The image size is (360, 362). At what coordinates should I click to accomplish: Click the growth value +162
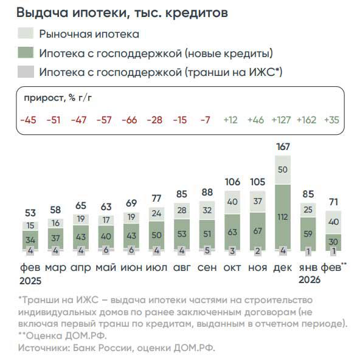307,120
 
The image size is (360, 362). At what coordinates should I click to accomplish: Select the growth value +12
230,120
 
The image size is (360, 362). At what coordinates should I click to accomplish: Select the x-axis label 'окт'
231,267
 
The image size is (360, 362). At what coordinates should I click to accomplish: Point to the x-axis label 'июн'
129,267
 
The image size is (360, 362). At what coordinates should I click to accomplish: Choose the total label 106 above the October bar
232,182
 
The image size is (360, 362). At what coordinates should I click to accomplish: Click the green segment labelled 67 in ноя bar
257,231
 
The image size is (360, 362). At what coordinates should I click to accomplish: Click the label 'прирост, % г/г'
58,98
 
